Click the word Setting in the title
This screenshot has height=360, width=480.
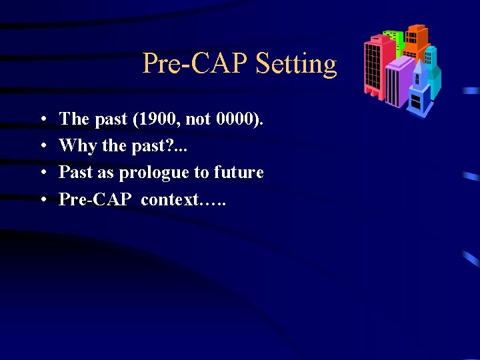(x=297, y=65)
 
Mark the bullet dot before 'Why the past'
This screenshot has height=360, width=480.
(x=43, y=146)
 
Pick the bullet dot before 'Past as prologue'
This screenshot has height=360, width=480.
(x=43, y=173)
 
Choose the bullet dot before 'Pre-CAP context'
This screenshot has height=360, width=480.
(x=43, y=199)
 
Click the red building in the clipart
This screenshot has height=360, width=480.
(x=373, y=67)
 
